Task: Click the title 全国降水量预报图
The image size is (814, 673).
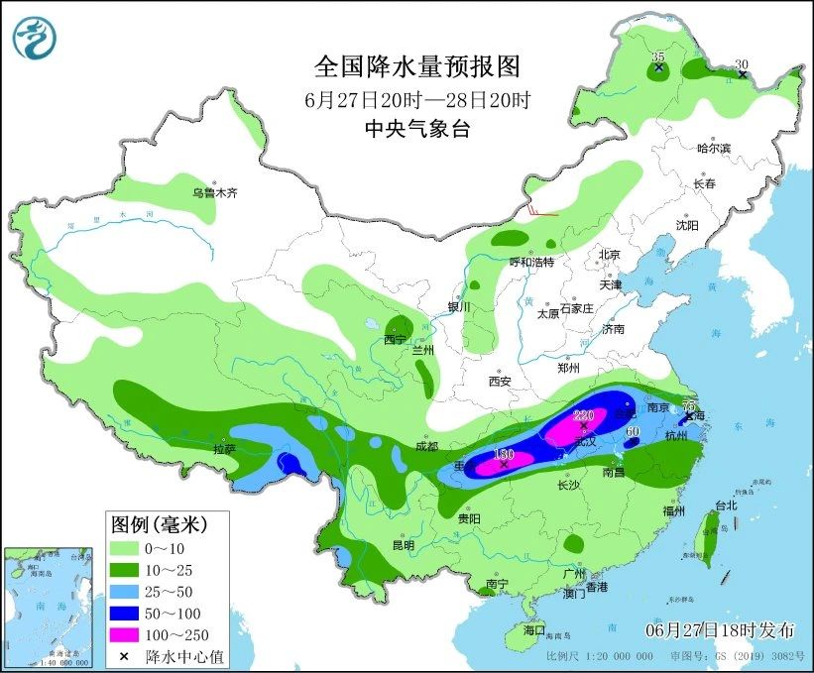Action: pyautogui.click(x=416, y=66)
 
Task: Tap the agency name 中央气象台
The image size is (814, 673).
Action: pyautogui.click(x=416, y=128)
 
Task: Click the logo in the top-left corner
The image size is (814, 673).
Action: pyautogui.click(x=35, y=37)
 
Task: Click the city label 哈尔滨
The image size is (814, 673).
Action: pyautogui.click(x=713, y=148)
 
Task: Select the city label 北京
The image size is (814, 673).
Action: pyautogui.click(x=609, y=255)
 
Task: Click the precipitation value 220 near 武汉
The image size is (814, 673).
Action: pyautogui.click(x=583, y=415)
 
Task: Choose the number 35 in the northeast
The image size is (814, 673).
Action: pyautogui.click(x=658, y=58)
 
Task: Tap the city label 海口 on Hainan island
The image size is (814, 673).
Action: pyautogui.click(x=534, y=629)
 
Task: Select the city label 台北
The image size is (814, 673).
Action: pyautogui.click(x=726, y=505)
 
